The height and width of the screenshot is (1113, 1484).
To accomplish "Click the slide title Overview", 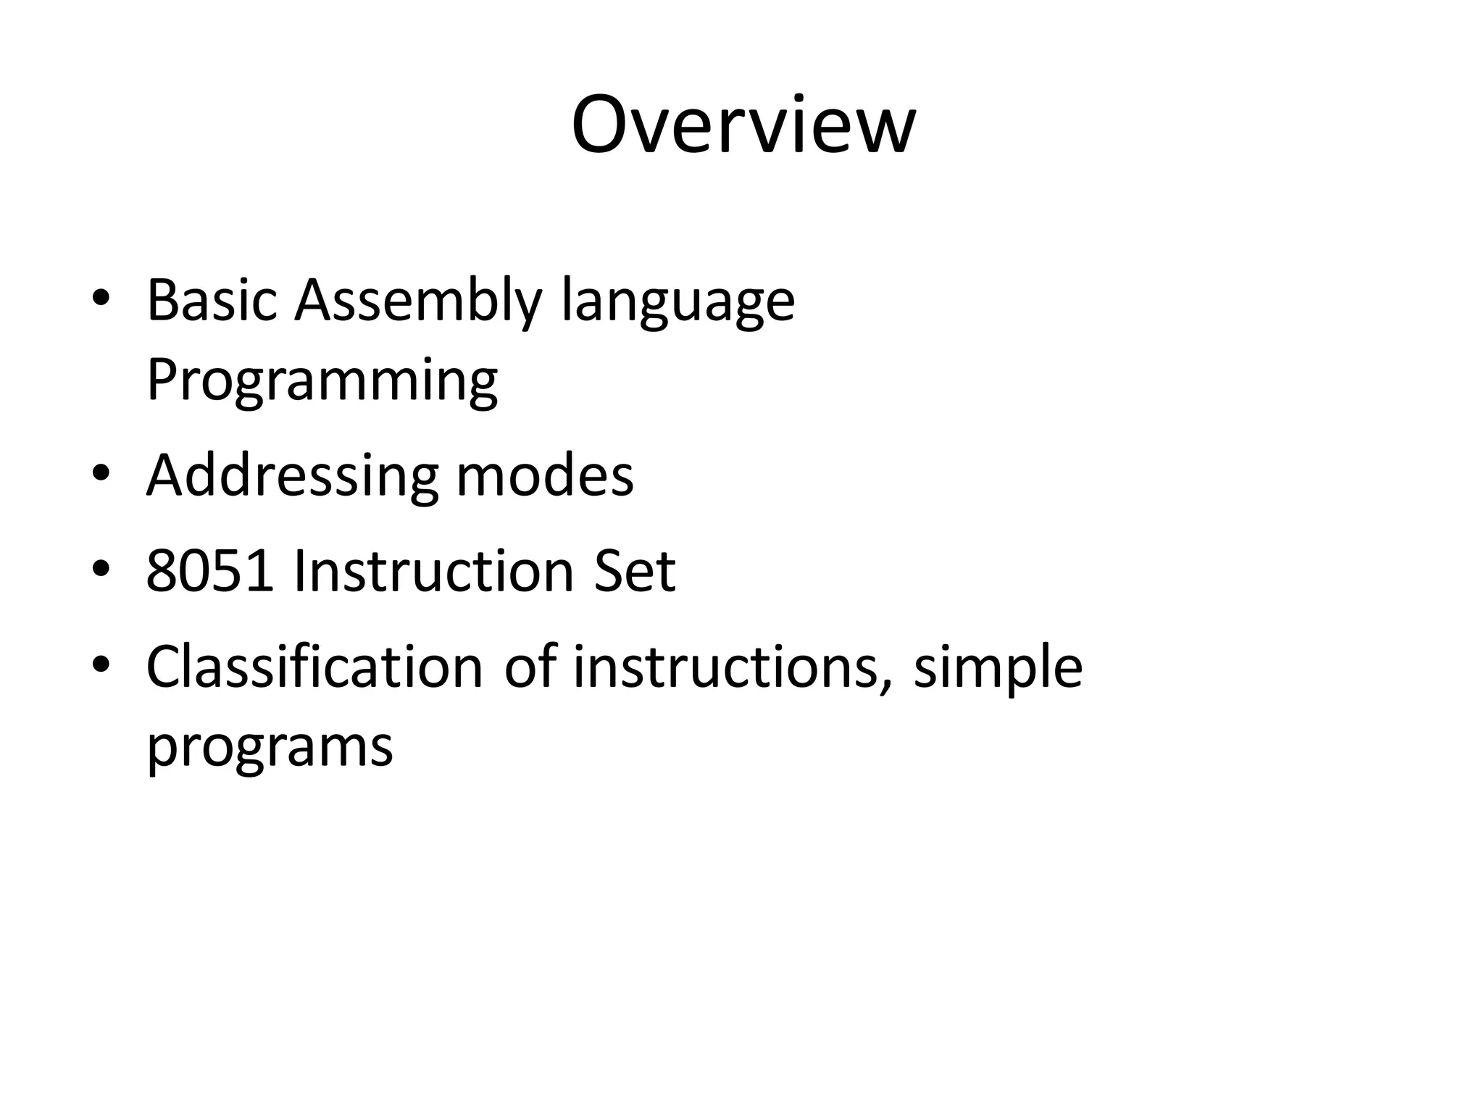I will [743, 125].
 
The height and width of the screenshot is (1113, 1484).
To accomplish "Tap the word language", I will [678, 301].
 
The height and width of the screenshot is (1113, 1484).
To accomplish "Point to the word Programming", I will [322, 380].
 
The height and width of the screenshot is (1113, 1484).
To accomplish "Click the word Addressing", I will [292, 476].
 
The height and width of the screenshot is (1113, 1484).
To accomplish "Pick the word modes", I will [545, 476].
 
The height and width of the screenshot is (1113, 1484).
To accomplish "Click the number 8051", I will [210, 571].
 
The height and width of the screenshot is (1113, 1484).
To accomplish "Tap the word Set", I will [635, 571].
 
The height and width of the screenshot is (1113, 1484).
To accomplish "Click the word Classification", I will [314, 667].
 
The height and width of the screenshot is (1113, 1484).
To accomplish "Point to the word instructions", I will [725, 667].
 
